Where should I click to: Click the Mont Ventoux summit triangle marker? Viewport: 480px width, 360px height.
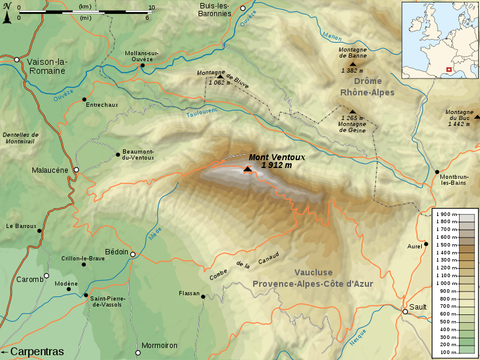click(247, 170)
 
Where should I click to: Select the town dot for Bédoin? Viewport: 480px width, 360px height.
click(133, 254)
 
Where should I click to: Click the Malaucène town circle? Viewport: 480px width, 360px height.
click(76, 170)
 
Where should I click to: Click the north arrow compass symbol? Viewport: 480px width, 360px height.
click(7, 14)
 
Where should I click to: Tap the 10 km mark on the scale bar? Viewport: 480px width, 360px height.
click(151, 8)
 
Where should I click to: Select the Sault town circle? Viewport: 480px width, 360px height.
click(406, 311)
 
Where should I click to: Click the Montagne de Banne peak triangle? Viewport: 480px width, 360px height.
click(353, 64)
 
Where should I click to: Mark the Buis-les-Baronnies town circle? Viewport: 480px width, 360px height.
click(243, 8)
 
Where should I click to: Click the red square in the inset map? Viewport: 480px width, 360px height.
click(449, 69)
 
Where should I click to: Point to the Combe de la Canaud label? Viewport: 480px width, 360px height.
click(244, 267)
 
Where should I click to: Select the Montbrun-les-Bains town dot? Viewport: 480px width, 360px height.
click(437, 172)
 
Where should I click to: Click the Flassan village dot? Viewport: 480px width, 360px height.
click(203, 296)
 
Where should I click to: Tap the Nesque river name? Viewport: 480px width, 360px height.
click(358, 339)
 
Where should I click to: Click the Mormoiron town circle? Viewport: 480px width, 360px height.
click(137, 353)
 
